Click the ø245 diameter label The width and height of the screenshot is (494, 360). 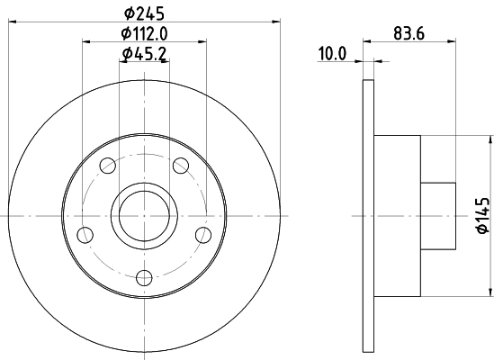coord(144,13)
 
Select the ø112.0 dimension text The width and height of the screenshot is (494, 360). coord(146,34)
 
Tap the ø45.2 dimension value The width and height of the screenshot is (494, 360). coord(144,55)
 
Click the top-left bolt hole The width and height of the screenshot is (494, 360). coord(108,165)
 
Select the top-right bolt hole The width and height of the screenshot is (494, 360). coord(180,165)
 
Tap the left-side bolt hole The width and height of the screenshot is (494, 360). coord(86,235)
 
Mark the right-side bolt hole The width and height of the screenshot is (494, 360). coord(202,235)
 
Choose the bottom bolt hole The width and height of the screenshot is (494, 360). coord(144,277)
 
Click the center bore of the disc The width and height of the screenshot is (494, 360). coord(144,215)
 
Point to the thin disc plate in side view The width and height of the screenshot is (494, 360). coord(368,215)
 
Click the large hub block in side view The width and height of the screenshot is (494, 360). coord(397,215)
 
